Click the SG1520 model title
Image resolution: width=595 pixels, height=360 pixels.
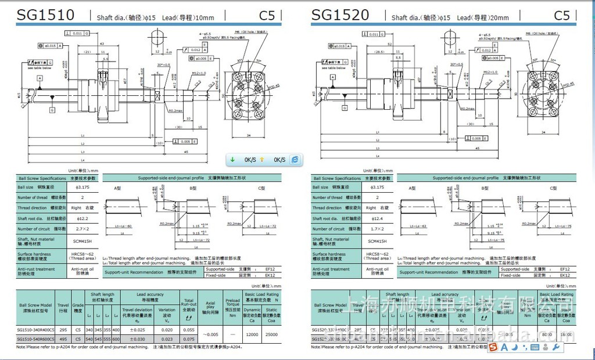[x=340, y=16]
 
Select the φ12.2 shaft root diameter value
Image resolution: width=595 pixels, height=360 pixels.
[x=83, y=218]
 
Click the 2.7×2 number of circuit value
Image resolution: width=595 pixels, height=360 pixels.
[x=83, y=229]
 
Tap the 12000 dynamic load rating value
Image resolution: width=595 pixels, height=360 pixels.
[x=252, y=334]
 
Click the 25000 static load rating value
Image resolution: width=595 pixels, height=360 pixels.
[x=271, y=334]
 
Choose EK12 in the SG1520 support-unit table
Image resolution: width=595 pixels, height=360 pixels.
[x=564, y=275]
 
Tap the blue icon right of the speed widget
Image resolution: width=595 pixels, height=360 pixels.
[x=295, y=160]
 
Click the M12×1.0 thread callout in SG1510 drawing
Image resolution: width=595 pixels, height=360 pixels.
[x=199, y=73]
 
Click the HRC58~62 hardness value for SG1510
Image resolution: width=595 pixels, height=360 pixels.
[x=83, y=254]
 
